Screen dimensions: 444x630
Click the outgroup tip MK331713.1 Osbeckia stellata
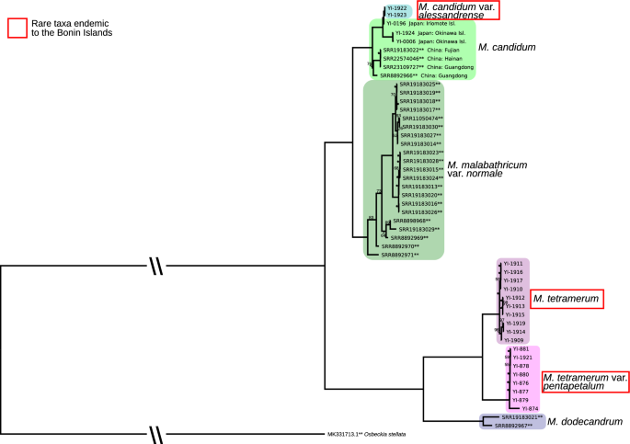[x=368, y=434]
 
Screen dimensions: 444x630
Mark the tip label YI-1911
[x=511, y=264]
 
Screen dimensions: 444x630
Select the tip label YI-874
[x=528, y=408]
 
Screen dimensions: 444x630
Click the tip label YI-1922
[x=396, y=8]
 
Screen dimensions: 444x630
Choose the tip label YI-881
[x=520, y=350]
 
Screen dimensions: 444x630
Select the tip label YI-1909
[x=511, y=339]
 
